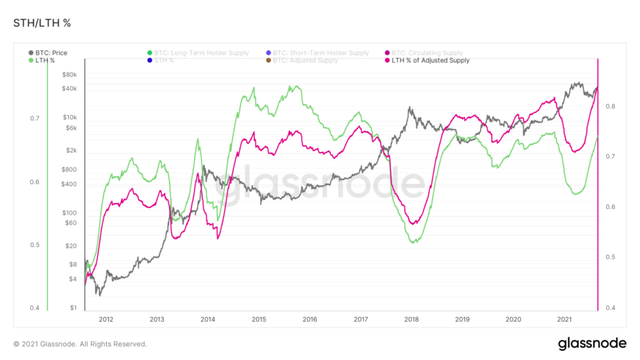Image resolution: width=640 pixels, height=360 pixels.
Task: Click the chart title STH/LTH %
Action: point(42,23)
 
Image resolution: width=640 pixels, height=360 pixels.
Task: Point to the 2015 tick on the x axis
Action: point(259,319)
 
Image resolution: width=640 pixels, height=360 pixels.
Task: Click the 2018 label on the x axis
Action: point(411,319)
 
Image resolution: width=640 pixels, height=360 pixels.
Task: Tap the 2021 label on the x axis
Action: point(564,319)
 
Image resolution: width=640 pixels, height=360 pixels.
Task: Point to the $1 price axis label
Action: point(73,308)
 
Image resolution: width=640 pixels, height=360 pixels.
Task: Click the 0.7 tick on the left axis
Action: point(34,119)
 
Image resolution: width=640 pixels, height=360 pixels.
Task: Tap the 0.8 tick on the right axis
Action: point(610,106)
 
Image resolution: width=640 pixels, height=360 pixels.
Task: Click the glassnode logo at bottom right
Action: point(592,344)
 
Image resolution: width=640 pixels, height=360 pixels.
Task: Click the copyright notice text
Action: point(80,344)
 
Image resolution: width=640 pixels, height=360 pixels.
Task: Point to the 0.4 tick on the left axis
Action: point(34,308)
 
